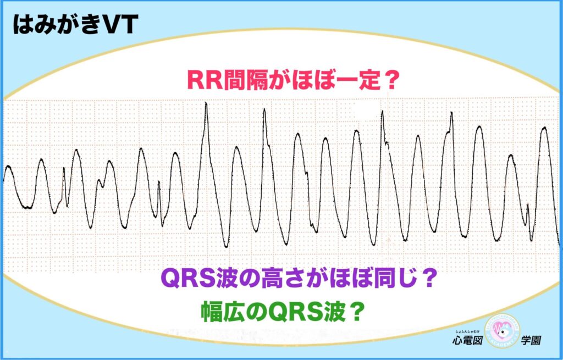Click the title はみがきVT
tap(75, 25)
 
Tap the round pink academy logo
tap(502, 331)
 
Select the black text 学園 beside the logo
tap(531, 340)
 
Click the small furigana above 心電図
tap(467, 331)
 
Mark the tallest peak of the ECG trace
tap(206, 103)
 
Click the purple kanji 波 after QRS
tap(228, 278)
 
